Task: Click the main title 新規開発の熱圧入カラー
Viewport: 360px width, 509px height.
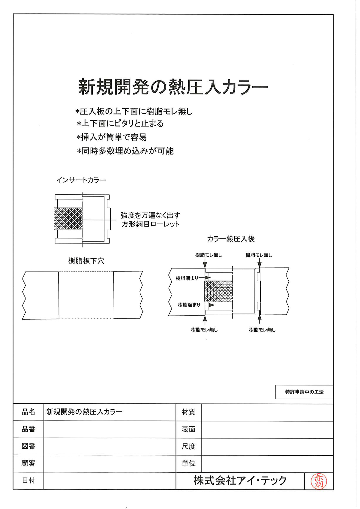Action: coord(173,87)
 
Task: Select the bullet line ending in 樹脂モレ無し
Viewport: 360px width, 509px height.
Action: coord(134,112)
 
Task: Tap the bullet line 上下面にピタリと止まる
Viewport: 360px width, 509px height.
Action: coord(120,124)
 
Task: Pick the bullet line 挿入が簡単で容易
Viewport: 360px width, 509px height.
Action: coord(112,137)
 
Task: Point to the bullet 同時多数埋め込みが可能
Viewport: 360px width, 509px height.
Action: coord(125,151)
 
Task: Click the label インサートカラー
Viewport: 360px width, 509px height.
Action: coord(81,180)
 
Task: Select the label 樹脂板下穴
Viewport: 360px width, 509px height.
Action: coord(86,261)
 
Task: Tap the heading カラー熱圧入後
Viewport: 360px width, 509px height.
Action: coord(231,239)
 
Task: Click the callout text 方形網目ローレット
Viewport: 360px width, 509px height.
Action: coord(150,224)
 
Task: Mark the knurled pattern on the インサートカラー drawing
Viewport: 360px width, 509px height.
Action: coord(68,219)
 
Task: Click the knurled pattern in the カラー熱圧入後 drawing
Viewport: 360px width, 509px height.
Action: coord(219,291)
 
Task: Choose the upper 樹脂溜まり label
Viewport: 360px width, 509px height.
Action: coord(187,278)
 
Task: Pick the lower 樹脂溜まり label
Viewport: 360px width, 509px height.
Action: coord(189,305)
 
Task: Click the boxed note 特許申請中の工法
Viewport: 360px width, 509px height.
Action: coord(304,392)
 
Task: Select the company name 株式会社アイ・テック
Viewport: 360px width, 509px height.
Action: coord(240,481)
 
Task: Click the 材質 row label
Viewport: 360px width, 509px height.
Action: coord(188,412)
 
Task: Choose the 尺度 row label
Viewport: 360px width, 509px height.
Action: coord(188,447)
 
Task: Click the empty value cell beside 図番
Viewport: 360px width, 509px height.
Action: coord(109,447)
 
